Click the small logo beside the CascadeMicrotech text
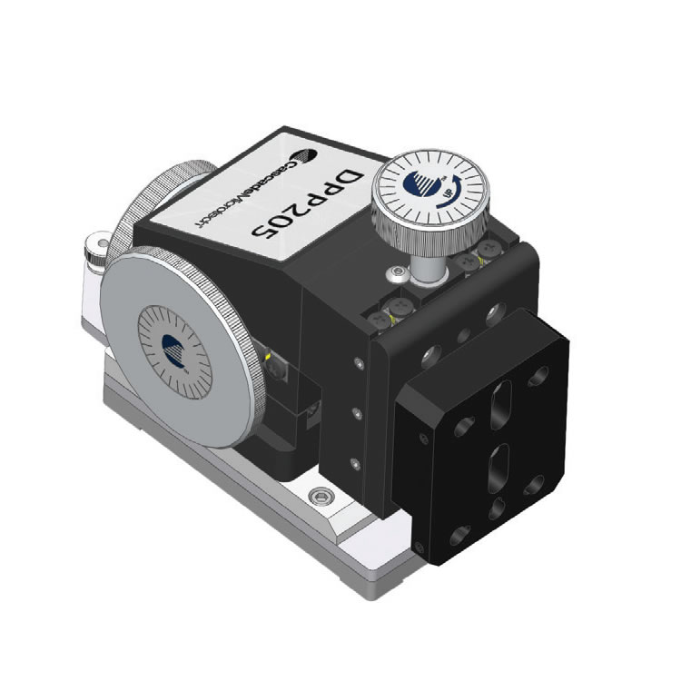click(x=307, y=159)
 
